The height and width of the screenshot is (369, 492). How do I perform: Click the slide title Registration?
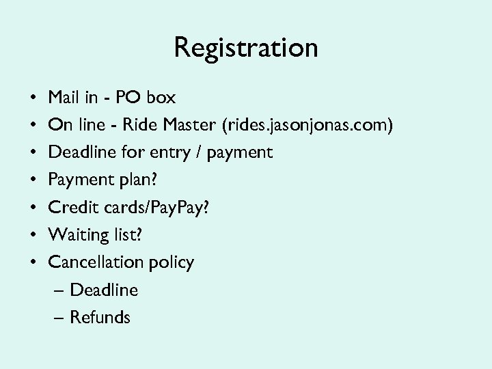pyautogui.click(x=246, y=49)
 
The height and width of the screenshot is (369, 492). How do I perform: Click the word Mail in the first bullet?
pyautogui.click(x=64, y=98)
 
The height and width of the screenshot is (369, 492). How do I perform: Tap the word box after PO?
pyautogui.click(x=161, y=98)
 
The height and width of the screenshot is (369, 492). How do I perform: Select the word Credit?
pyautogui.click(x=71, y=207)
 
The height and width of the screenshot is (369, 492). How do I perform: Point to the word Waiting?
pyautogui.click(x=75, y=235)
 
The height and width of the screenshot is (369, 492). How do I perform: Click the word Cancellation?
pyautogui.click(x=96, y=262)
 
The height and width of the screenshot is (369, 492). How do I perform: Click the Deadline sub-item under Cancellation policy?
pyautogui.click(x=104, y=290)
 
